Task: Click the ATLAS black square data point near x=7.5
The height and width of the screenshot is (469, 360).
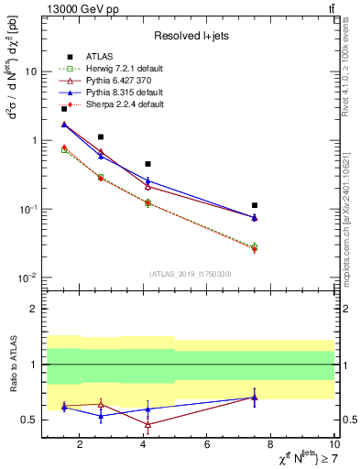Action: pos(255,205)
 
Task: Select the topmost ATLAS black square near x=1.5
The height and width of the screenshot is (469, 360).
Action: pos(63,109)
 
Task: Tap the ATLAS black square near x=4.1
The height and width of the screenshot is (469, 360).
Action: pos(147,164)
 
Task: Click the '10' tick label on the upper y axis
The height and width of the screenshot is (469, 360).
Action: pos(31,71)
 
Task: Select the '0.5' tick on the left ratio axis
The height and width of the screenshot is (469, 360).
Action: pos(30,420)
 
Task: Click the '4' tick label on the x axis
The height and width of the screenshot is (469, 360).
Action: pos(144,445)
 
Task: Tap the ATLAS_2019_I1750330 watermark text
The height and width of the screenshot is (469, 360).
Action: pos(190,274)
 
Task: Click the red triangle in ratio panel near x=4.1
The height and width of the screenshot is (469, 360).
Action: pos(147,424)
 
